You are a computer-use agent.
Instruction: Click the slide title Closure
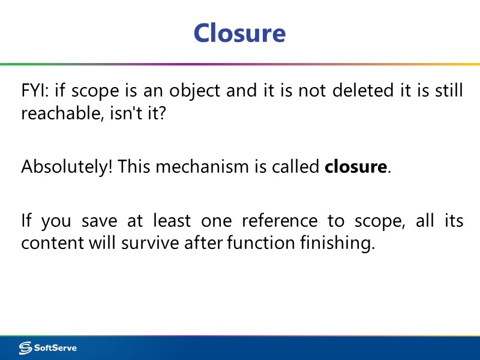239,33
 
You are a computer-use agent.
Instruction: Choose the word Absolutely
66,167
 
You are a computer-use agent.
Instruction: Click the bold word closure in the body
356,167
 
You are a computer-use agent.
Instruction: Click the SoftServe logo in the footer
48,348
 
